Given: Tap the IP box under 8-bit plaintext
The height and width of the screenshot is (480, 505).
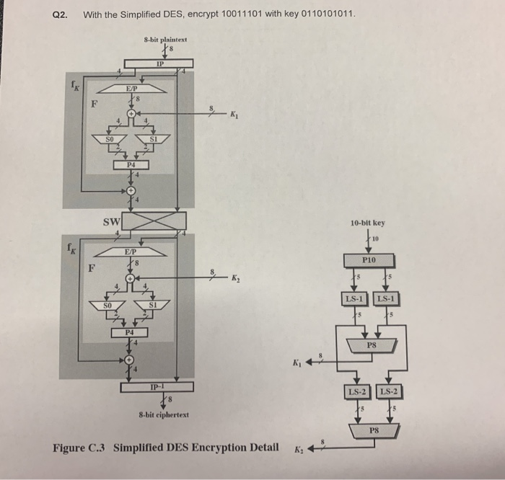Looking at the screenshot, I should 159,63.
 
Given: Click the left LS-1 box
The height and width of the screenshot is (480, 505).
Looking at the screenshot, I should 353,298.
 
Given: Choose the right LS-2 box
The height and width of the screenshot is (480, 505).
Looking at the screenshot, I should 389,391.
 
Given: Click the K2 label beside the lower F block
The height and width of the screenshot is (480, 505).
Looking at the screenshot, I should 235,277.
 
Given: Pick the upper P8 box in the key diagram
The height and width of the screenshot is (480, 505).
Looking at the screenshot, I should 371,345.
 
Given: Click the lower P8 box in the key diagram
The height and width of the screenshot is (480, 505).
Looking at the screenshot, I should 372,431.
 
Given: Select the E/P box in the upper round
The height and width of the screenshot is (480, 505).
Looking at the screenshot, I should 130,87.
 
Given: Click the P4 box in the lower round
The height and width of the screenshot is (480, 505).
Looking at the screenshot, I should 130,332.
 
